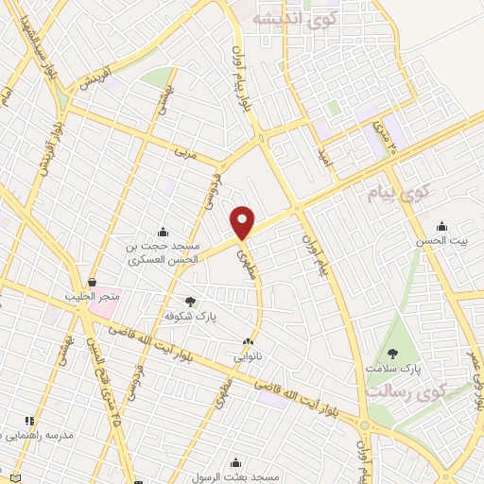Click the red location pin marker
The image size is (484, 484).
[243, 222]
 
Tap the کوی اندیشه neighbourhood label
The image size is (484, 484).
[285, 18]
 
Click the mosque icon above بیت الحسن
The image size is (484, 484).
[441, 226]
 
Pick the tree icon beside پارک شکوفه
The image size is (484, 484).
[191, 302]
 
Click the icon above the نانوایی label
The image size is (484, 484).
[248, 342]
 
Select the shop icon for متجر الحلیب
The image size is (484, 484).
[92, 282]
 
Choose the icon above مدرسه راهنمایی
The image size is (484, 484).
[29, 421]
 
